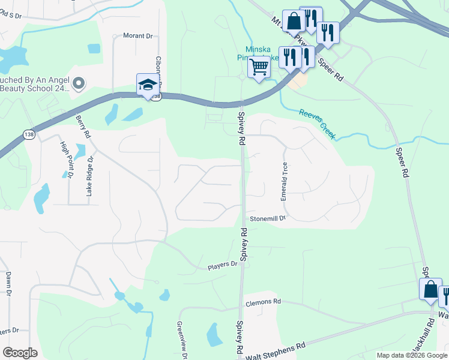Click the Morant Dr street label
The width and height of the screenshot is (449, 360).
(138, 36)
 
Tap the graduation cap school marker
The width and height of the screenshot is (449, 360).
(147, 85)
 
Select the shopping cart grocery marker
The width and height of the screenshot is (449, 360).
(259, 68)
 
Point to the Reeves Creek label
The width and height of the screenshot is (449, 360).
(317, 124)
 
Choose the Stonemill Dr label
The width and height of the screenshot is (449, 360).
(268, 218)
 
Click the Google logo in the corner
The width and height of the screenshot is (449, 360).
(20, 353)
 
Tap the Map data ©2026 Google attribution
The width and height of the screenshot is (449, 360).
(412, 355)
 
